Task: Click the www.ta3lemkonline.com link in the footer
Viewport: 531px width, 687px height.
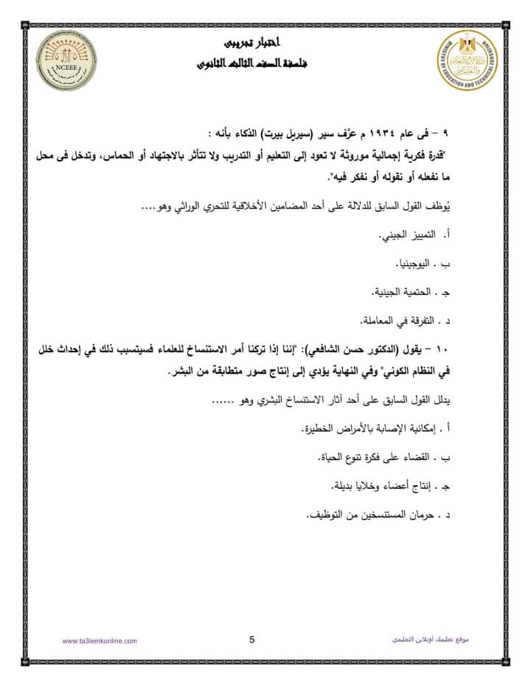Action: pyautogui.click(x=100, y=641)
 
